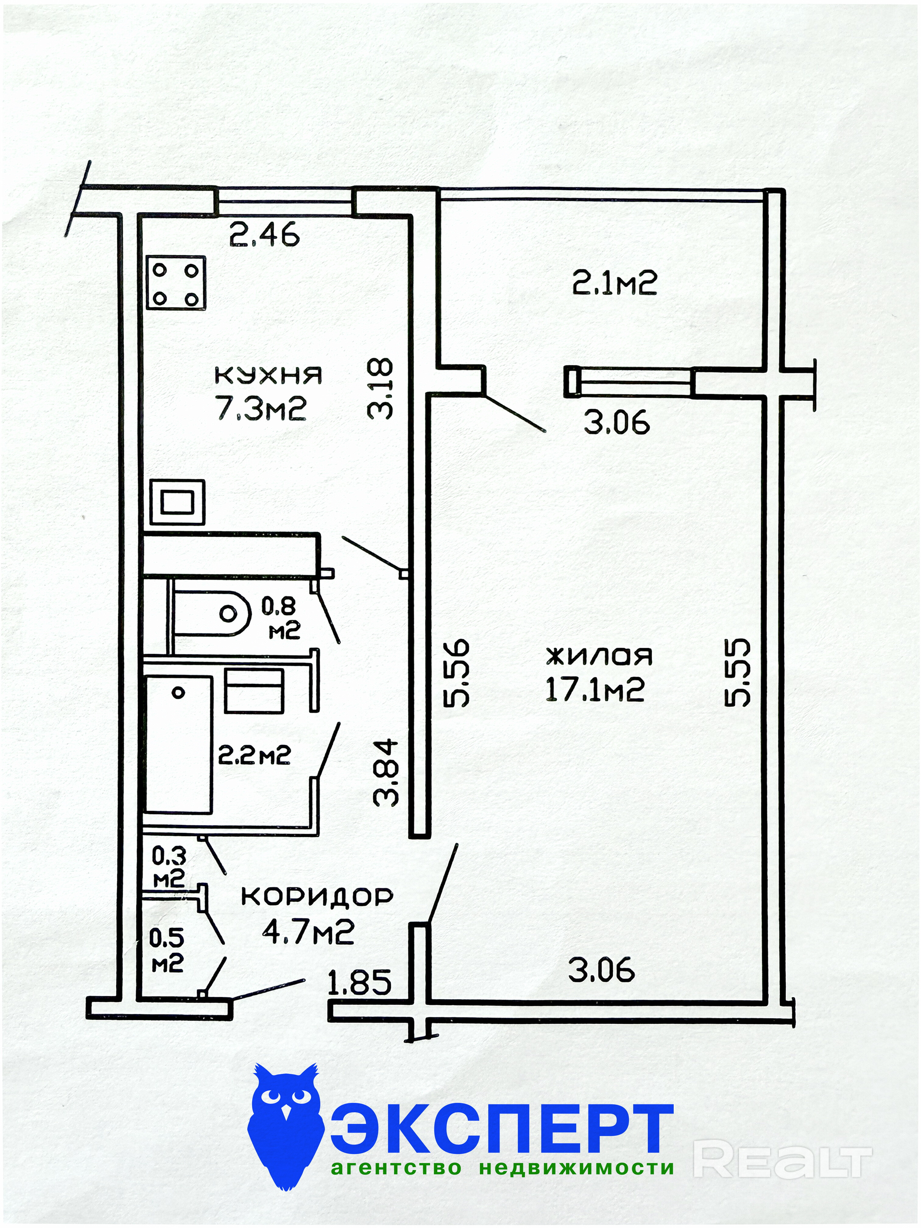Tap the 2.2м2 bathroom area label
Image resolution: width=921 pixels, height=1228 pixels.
point(254,755)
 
